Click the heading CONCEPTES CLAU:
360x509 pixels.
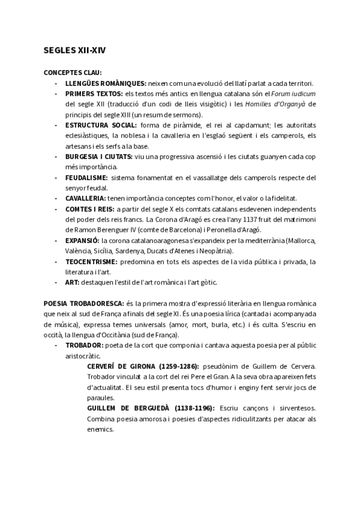(72, 72)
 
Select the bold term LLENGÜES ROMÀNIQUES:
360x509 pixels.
(104, 83)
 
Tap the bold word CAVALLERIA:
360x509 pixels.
(86, 198)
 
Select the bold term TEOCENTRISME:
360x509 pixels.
(91, 261)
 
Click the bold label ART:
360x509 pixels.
(71, 282)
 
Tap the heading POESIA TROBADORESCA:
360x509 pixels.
(83, 303)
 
